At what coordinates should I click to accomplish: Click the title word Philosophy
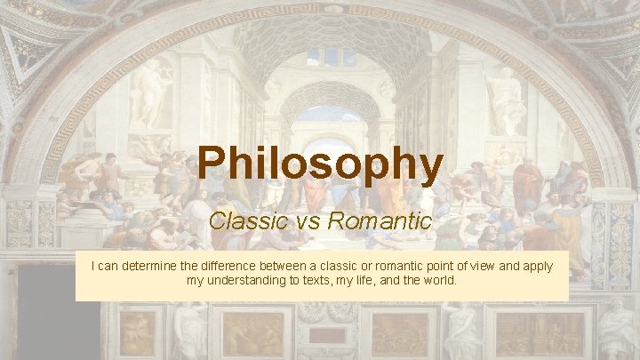(x=320, y=164)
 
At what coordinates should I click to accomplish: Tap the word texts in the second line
(x=323, y=281)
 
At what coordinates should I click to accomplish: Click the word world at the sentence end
(x=440, y=281)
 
